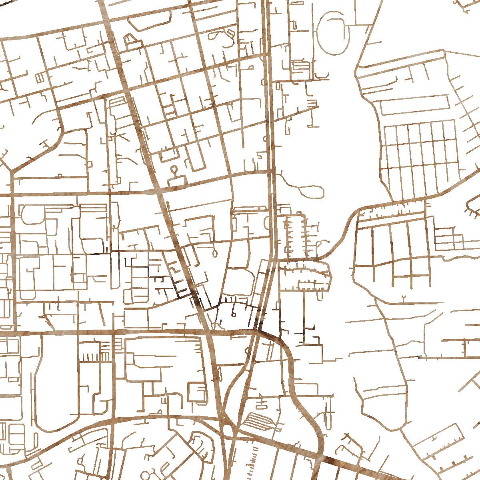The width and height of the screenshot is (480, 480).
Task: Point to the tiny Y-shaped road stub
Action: click(x=403, y=298)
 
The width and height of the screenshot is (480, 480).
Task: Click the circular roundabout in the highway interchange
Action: click(x=228, y=430)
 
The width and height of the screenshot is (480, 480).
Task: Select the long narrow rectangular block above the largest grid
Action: click(x=414, y=105)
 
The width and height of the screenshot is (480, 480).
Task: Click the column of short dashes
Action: click(x=255, y=460)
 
